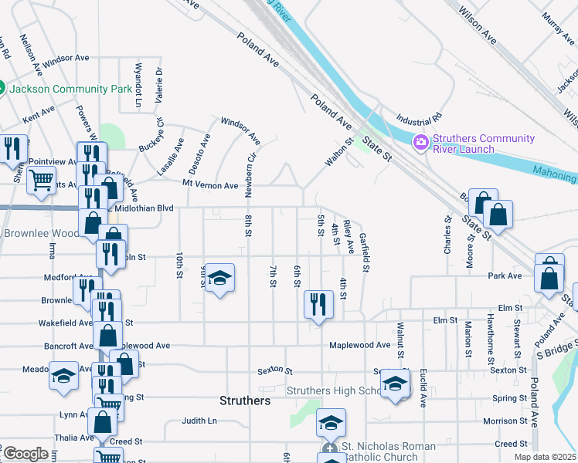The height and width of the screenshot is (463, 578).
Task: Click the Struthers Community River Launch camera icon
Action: (x=421, y=142)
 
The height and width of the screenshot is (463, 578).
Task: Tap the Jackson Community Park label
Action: (x=71, y=89)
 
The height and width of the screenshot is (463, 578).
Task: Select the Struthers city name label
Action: (x=245, y=401)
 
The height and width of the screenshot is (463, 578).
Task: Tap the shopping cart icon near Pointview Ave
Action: (x=41, y=181)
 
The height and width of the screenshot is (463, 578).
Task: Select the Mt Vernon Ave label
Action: (x=210, y=186)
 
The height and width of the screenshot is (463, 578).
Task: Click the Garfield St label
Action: (x=364, y=253)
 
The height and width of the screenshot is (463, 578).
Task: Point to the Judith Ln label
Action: (x=199, y=421)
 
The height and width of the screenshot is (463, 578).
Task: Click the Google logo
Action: (x=25, y=454)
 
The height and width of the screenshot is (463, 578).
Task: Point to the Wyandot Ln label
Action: (x=139, y=85)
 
